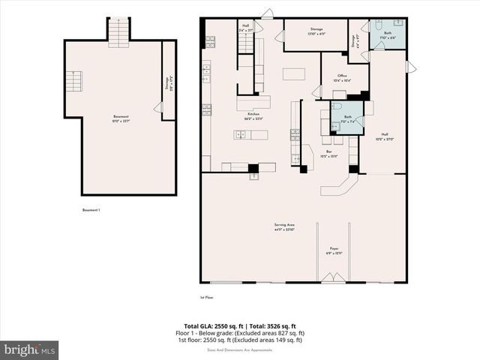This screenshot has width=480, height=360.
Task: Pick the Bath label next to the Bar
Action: [x=348, y=118]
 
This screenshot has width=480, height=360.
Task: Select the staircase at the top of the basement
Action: [x=118, y=32]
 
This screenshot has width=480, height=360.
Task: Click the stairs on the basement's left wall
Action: [x=73, y=81]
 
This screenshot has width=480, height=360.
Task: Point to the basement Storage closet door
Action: [x=158, y=108]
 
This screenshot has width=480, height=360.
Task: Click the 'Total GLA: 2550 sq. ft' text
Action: [x=208, y=325]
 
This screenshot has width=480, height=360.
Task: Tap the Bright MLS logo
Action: [x=29, y=349]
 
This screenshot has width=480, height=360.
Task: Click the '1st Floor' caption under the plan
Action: [x=207, y=298]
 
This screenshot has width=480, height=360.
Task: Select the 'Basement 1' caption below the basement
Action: [x=91, y=210]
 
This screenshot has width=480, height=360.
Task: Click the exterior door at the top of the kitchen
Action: [x=267, y=13]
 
